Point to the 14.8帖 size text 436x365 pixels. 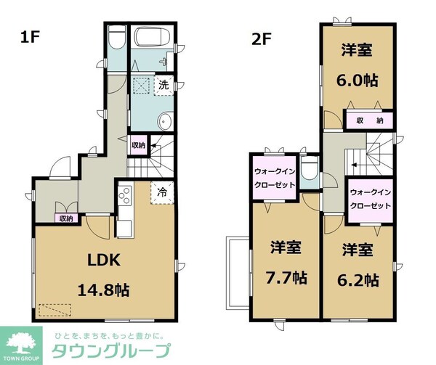click(x=102, y=290)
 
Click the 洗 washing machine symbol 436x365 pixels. click(x=164, y=85)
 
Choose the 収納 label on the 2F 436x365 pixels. click(x=369, y=120)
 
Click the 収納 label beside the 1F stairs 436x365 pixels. click(x=138, y=145)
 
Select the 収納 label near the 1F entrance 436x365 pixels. click(x=66, y=218)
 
